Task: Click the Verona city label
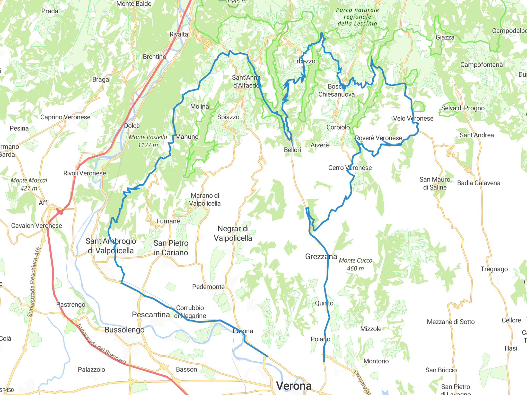(x=294, y=386)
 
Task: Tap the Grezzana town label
(x=321, y=256)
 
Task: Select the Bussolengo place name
(x=125, y=330)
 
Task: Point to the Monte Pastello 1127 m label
(x=148, y=141)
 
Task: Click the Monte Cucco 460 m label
(x=355, y=264)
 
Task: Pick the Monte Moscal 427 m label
(x=29, y=184)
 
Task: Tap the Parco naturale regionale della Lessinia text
(x=357, y=17)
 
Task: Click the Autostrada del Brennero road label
(x=101, y=344)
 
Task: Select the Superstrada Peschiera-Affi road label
(x=34, y=282)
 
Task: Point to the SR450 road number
(x=7, y=390)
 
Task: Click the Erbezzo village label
(x=304, y=61)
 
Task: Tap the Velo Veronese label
(x=413, y=118)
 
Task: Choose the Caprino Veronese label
(x=65, y=117)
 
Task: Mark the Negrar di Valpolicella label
(x=233, y=233)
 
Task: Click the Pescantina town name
(x=151, y=315)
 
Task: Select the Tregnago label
(x=494, y=269)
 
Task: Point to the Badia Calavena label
(x=479, y=183)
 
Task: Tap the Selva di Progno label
(x=463, y=108)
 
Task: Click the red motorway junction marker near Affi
(x=60, y=211)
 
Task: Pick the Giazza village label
(x=445, y=37)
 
